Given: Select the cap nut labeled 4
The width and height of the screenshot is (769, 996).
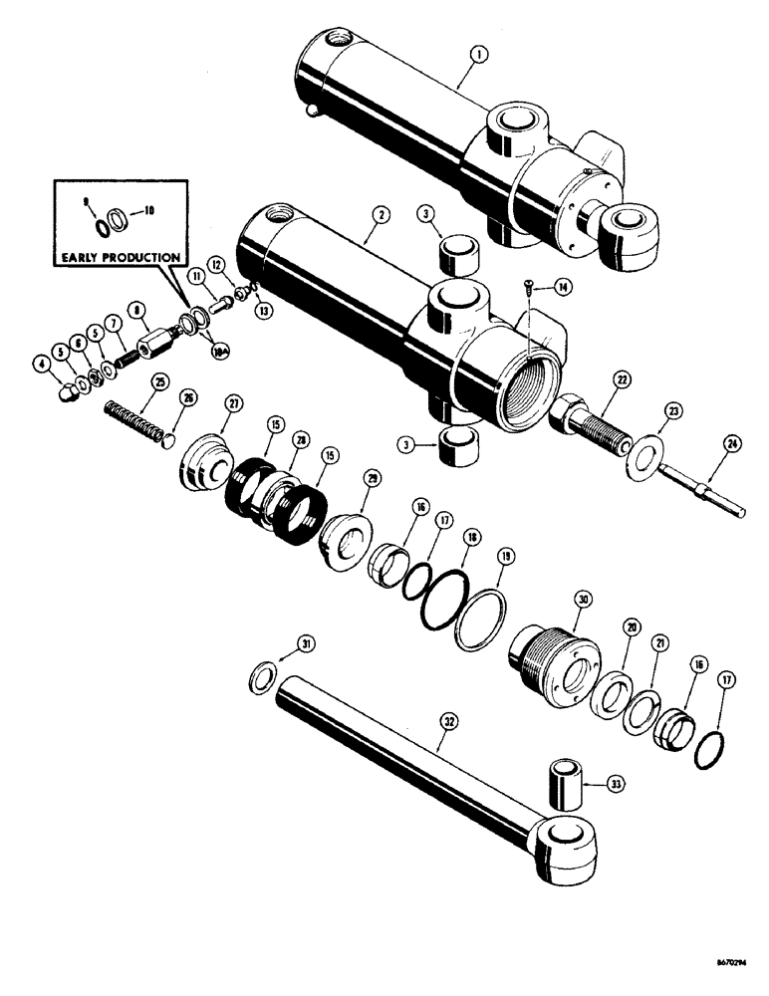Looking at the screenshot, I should [x=66, y=391].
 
